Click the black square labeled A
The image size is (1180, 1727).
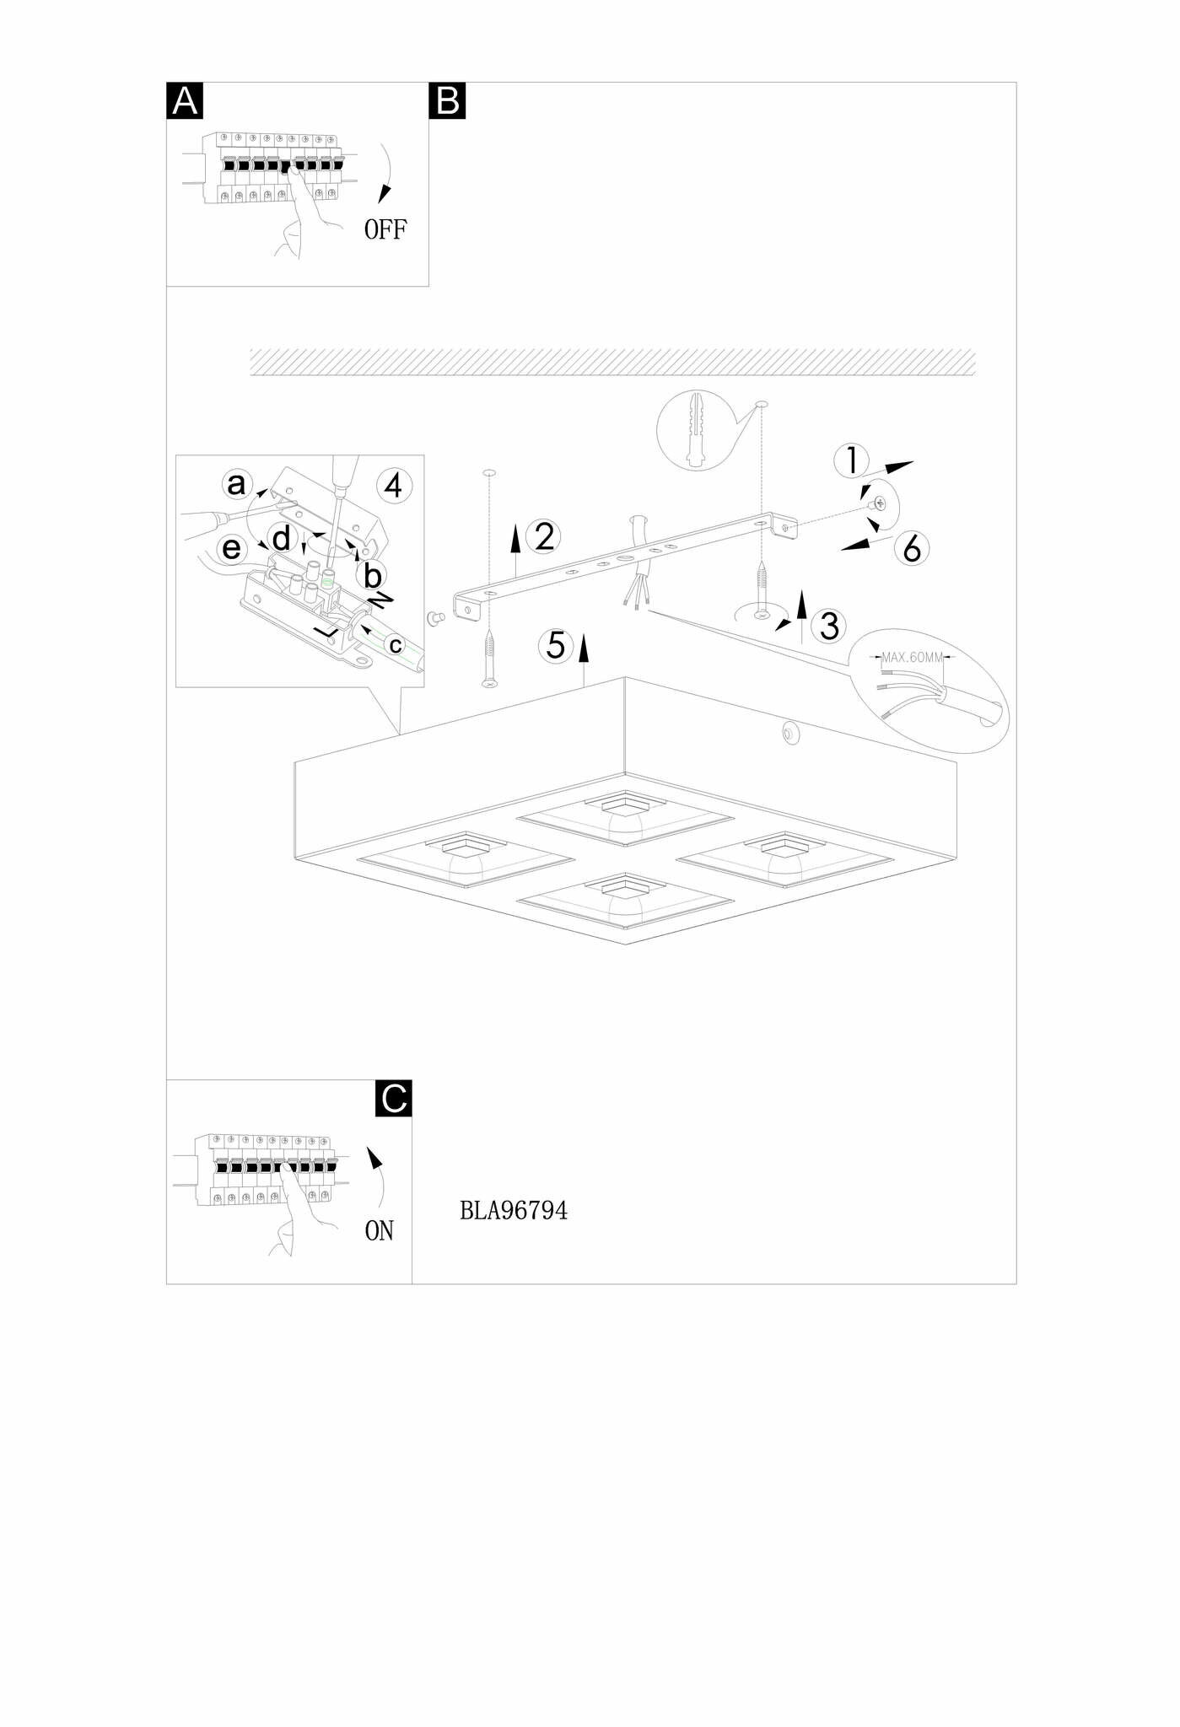pos(185,100)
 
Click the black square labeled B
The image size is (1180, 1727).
pos(447,100)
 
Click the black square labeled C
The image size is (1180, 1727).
pos(394,1098)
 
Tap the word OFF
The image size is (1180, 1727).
pos(385,229)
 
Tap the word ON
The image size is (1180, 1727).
pos(380,1231)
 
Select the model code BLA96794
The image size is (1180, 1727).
pos(514,1211)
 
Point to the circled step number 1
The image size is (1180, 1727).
pos(851,460)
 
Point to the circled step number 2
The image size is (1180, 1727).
pos(544,537)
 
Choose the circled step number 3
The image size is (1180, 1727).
pos(829,627)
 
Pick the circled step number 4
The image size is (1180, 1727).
pos(394,487)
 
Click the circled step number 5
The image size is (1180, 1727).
pos(556,646)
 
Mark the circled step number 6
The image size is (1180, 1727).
pos(912,549)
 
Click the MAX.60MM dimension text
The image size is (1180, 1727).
pos(912,657)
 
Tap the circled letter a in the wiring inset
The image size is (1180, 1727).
pos(237,484)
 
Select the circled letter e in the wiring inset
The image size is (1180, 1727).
pos(231,549)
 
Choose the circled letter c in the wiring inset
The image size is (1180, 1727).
pos(395,646)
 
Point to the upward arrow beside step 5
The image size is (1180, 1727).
pos(583,652)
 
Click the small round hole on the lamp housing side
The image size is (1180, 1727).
pos(790,734)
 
